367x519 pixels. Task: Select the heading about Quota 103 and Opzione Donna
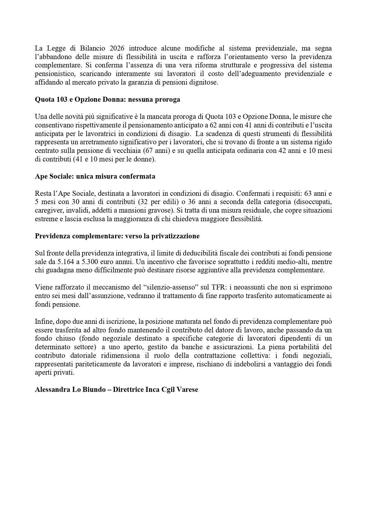pos(107,100)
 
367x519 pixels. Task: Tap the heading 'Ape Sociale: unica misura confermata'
pos(95,177)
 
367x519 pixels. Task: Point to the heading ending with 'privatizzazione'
pos(117,236)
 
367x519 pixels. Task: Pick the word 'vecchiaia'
pos(128,151)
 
